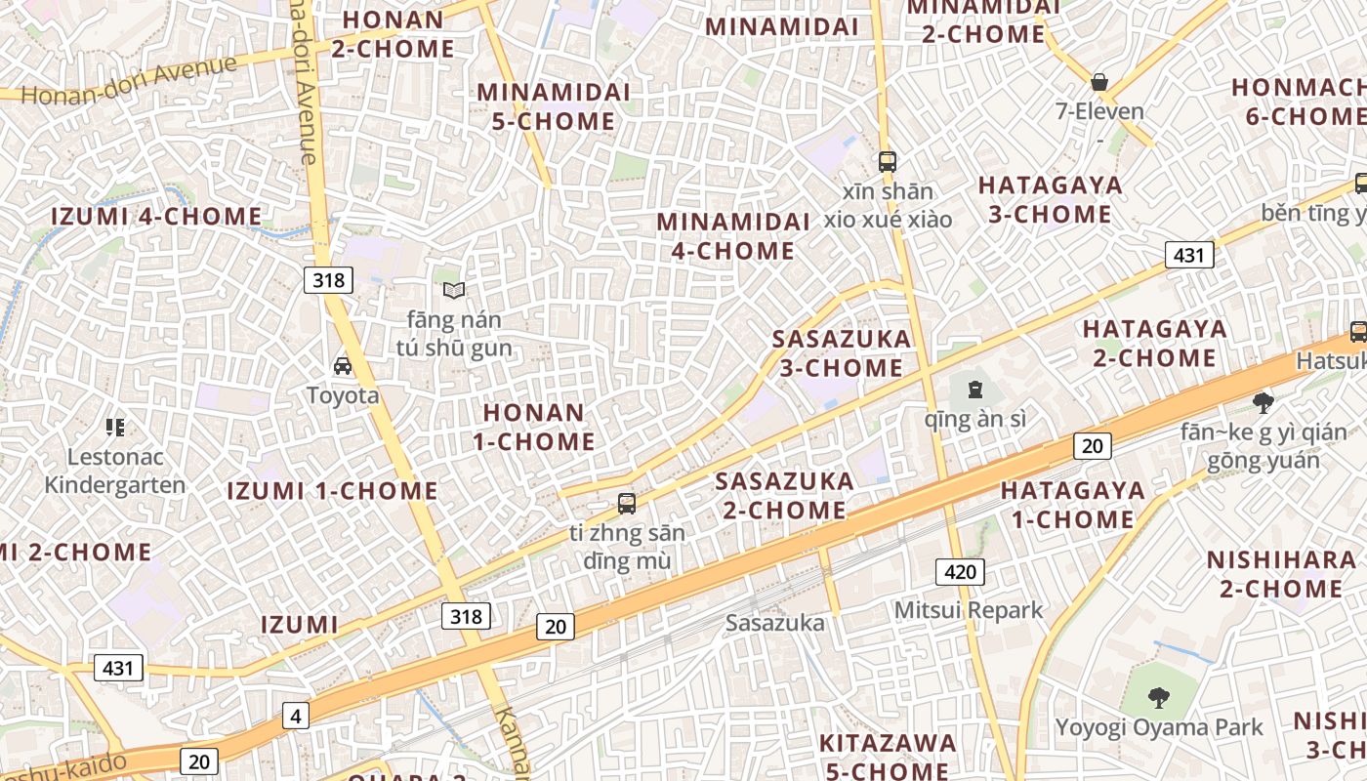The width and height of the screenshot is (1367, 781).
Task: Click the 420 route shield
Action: pyautogui.click(x=960, y=572)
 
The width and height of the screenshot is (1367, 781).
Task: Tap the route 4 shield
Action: pyautogui.click(x=296, y=717)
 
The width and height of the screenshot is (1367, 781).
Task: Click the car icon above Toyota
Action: pyautogui.click(x=343, y=366)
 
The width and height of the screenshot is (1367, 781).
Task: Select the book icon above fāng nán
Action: pyautogui.click(x=453, y=290)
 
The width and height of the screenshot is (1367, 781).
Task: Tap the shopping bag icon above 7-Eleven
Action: pyautogui.click(x=1099, y=82)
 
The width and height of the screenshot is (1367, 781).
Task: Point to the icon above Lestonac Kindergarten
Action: pyautogui.click(x=115, y=427)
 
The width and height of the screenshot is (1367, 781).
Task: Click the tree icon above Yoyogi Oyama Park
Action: pyautogui.click(x=1159, y=697)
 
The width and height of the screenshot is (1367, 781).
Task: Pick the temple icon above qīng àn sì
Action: pyautogui.click(x=974, y=390)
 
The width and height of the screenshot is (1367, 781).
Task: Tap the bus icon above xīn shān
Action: pyautogui.click(x=887, y=162)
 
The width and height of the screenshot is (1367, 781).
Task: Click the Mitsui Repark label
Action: pyautogui.click(x=969, y=611)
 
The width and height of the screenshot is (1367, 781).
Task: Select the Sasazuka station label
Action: pyautogui.click(x=775, y=623)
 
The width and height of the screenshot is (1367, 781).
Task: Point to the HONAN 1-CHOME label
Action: pyautogui.click(x=534, y=428)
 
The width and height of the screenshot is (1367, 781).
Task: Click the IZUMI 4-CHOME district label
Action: pyautogui.click(x=156, y=217)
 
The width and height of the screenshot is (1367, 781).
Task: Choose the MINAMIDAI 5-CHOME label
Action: pyautogui.click(x=554, y=106)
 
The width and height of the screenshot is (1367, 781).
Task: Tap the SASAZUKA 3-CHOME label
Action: pyautogui.click(x=841, y=353)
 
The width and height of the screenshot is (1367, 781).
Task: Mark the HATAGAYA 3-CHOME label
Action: pyautogui.click(x=1051, y=199)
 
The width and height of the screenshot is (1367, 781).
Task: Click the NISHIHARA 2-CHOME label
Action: pyautogui.click(x=1281, y=574)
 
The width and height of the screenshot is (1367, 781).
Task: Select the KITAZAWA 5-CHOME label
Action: pyautogui.click(x=888, y=757)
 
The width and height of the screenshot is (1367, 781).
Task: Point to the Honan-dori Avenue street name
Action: pyautogui.click(x=129, y=81)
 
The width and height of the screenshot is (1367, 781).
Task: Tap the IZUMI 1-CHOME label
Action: pyautogui.click(x=332, y=491)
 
